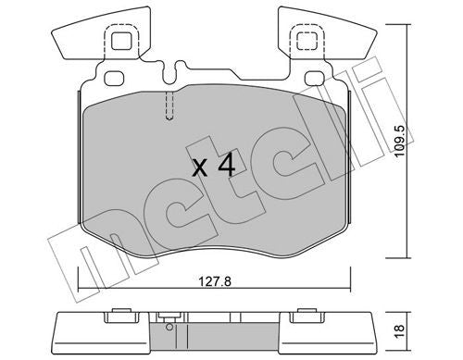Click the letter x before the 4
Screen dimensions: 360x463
[x=199, y=170]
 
